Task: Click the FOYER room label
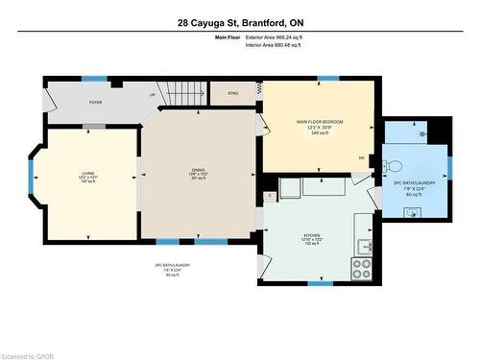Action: tap(95, 101)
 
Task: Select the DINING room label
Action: tap(198, 171)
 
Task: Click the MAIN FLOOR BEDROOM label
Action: tap(319, 122)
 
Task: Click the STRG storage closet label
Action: tap(232, 93)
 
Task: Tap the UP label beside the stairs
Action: tap(151, 94)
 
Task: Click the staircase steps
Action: tap(181, 92)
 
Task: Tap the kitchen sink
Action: tap(364, 249)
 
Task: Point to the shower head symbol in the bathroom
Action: tap(422, 135)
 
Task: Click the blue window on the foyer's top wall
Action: tap(94, 78)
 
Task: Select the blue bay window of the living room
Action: tap(32, 169)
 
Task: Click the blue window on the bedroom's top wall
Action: tap(328, 78)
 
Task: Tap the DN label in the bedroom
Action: tap(361, 157)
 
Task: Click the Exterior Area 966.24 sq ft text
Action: tap(274, 36)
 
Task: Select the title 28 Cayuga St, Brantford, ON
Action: tap(239, 21)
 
